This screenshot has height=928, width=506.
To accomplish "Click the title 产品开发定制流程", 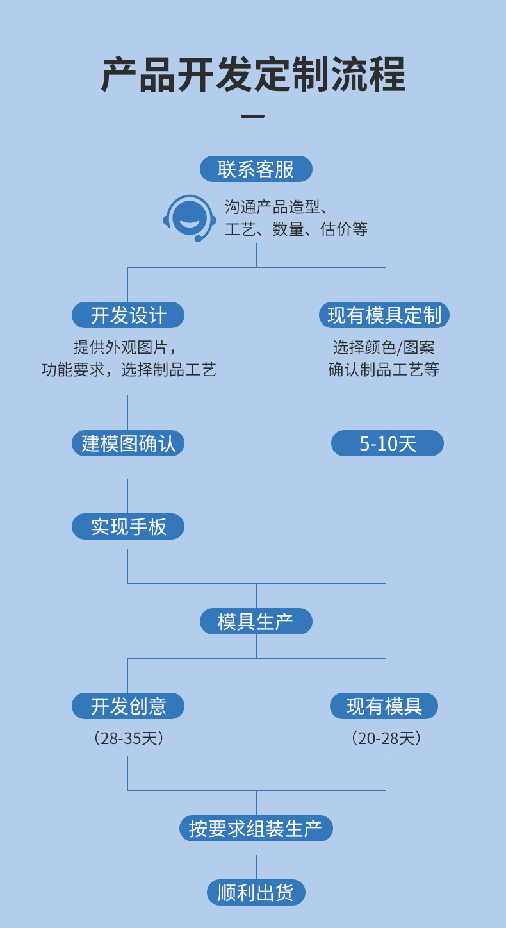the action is (x=253, y=75).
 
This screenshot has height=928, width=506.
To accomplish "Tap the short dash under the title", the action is (x=252, y=116).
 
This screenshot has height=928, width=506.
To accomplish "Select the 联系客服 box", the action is (x=256, y=169).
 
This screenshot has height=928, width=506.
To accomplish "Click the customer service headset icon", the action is (x=190, y=219).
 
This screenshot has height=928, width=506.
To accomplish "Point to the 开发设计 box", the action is (x=128, y=315).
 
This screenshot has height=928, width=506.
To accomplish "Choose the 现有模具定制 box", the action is (x=384, y=315).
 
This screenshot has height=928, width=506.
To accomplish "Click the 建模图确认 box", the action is (x=128, y=443).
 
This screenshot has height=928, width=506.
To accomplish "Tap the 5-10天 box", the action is (x=387, y=443).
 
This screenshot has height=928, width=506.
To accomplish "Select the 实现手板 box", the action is (x=128, y=527).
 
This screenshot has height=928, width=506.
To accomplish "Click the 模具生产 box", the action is (x=256, y=622).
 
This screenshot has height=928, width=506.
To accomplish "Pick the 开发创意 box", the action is (x=128, y=706).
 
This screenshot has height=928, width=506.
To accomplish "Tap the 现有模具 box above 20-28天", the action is (x=384, y=706).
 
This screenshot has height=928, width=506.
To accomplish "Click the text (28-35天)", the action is (x=129, y=738).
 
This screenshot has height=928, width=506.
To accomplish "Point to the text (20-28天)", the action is (x=386, y=738).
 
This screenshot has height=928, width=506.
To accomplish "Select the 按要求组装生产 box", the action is (x=256, y=829).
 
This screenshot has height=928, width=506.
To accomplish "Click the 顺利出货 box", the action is (x=256, y=893).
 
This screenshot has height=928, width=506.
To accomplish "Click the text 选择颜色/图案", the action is (x=384, y=347).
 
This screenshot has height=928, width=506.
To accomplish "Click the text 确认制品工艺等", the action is (x=384, y=370).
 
